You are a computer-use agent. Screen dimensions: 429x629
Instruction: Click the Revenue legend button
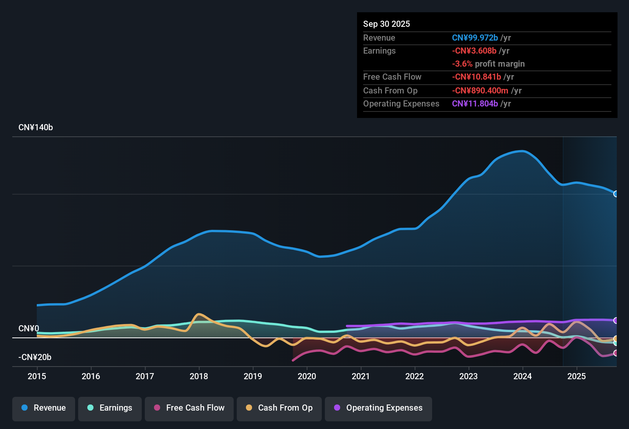44,408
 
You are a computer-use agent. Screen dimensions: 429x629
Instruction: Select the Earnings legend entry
110,408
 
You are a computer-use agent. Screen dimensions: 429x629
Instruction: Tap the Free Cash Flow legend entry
189,408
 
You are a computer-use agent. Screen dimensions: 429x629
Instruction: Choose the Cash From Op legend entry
279,408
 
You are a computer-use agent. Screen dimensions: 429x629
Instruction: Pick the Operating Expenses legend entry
378,408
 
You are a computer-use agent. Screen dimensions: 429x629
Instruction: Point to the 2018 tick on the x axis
199,376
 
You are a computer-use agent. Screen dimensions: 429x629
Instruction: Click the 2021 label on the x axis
360,376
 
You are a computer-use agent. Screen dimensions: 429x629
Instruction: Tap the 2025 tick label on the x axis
576,376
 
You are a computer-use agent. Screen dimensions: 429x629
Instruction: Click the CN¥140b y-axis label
36,128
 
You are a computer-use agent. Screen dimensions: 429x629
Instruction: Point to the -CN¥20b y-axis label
35,357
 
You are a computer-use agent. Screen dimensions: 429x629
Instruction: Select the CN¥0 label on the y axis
29,329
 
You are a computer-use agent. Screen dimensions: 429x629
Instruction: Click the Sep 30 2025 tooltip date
387,24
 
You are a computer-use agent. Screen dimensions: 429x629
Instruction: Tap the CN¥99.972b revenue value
475,38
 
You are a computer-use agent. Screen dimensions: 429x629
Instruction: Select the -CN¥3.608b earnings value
474,51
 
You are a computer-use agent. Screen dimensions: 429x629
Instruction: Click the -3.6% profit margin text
488,64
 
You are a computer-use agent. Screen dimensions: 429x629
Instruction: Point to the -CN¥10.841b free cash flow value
477,77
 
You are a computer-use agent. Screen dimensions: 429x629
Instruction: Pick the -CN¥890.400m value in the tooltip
480,90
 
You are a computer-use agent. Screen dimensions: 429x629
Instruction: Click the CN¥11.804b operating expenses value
475,103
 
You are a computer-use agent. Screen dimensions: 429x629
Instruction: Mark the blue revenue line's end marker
616,194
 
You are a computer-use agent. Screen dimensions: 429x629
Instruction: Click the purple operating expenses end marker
616,320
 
